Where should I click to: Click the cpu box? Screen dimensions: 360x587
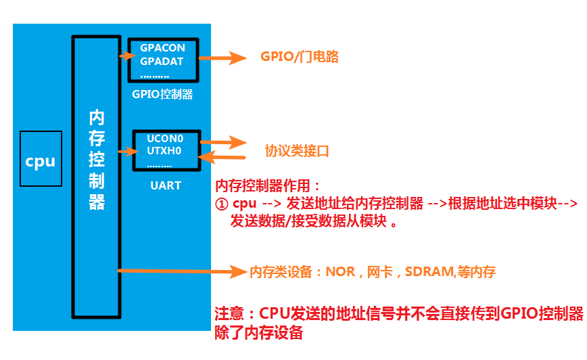click(x=41, y=160)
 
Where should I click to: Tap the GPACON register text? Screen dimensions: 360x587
click(x=162, y=49)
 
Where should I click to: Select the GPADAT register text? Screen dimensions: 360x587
click(x=162, y=61)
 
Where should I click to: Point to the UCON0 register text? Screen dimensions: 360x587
click(x=165, y=138)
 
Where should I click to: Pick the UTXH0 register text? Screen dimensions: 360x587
click(x=165, y=150)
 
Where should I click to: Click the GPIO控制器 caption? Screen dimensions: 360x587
click(x=162, y=94)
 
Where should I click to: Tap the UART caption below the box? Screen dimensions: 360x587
click(x=166, y=185)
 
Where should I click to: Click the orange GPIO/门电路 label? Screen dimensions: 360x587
click(x=299, y=58)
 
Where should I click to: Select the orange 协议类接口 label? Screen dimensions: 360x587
click(x=297, y=151)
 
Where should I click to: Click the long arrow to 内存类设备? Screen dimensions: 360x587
click(x=183, y=271)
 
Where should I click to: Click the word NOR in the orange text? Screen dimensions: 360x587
click(x=340, y=272)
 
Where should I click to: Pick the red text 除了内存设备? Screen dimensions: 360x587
click(x=258, y=332)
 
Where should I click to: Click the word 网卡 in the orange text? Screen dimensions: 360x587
click(x=378, y=272)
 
